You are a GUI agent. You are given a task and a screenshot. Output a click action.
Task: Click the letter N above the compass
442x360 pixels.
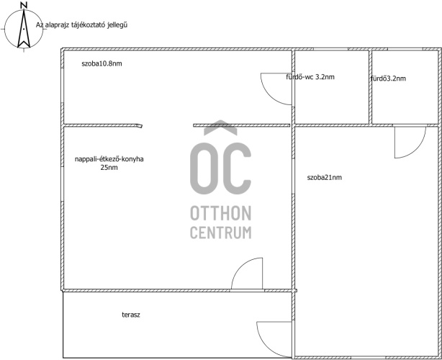click(24, 5)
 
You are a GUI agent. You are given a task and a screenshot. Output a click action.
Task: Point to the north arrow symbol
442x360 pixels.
click(24, 29)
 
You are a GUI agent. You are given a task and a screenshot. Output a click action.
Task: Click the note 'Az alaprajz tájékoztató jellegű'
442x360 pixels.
click(81, 24)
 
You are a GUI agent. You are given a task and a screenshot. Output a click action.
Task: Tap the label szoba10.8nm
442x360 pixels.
click(102, 63)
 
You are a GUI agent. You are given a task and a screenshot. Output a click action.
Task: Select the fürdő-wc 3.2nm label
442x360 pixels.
click(310, 76)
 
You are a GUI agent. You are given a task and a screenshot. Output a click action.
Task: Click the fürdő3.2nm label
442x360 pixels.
click(389, 78)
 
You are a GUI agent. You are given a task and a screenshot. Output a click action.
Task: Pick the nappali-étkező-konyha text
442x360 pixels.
click(109, 159)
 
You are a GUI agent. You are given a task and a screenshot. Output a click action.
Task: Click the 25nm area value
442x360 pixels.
click(109, 168)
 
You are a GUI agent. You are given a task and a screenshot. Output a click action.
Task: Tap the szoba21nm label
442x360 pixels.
click(325, 177)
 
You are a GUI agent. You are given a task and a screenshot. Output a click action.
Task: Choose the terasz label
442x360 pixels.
click(131, 315)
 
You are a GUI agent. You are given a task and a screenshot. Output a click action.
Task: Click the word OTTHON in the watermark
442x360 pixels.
click(221, 213)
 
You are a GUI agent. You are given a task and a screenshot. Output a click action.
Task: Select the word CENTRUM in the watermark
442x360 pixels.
click(221, 233)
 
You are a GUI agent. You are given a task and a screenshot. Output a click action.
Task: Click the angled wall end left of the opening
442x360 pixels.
click(139, 126)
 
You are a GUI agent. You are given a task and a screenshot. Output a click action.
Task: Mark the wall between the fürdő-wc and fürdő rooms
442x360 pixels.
click(371, 87)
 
